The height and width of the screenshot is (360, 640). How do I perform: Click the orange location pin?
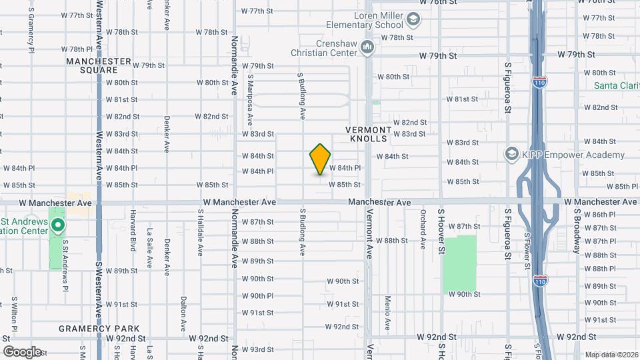click(x=320, y=159)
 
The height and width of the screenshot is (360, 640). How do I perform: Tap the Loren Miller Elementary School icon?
click(x=414, y=20)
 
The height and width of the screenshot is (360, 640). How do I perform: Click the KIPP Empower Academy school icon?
click(x=512, y=155)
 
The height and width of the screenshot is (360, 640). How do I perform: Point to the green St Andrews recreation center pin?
click(x=58, y=226)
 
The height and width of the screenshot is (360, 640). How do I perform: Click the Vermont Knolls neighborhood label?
click(x=367, y=133)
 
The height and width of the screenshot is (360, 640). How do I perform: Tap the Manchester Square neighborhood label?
click(x=99, y=65)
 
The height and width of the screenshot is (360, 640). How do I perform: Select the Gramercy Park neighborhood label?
click(x=99, y=329)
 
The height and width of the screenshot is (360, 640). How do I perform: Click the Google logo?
click(x=23, y=351)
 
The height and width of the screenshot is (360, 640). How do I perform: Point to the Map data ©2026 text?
click(x=611, y=355)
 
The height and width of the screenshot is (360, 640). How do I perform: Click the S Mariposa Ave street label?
click(x=251, y=99)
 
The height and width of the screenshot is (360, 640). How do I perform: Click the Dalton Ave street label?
click(x=183, y=314)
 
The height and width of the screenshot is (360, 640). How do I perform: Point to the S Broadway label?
click(x=576, y=231)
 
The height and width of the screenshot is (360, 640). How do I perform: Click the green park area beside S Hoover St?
click(x=460, y=263)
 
